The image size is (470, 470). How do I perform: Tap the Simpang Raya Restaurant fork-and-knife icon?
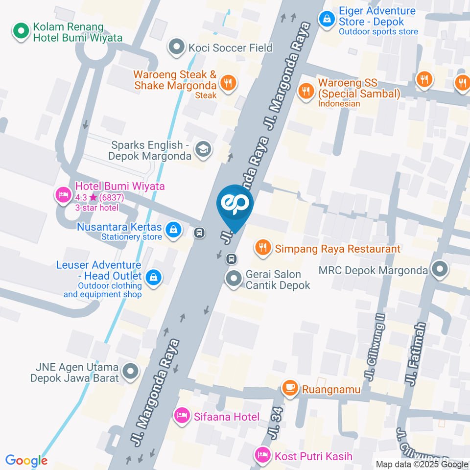pyautogui.click(x=263, y=248)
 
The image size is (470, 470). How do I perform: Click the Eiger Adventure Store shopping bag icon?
pyautogui.click(x=325, y=19)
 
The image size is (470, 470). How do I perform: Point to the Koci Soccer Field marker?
pyautogui.click(x=175, y=47)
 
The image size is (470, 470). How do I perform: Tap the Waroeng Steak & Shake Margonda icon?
pyautogui.click(x=227, y=83)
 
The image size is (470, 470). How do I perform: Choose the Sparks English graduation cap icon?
pyautogui.click(x=201, y=149)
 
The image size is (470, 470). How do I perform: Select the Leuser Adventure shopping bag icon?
pyautogui.click(x=154, y=277)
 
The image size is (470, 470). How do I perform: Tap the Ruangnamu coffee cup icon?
pyautogui.click(x=290, y=389)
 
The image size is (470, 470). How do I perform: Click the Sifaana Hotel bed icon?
pyautogui.click(x=181, y=416)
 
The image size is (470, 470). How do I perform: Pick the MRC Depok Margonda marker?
pyautogui.click(x=440, y=269)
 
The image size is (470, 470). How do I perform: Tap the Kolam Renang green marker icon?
pyautogui.click(x=21, y=32)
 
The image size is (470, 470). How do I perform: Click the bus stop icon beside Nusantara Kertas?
pyautogui.click(x=199, y=232)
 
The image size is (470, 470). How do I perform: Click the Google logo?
pyautogui.click(x=26, y=460)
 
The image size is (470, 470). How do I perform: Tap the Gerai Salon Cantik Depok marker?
pyautogui.click(x=234, y=279)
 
